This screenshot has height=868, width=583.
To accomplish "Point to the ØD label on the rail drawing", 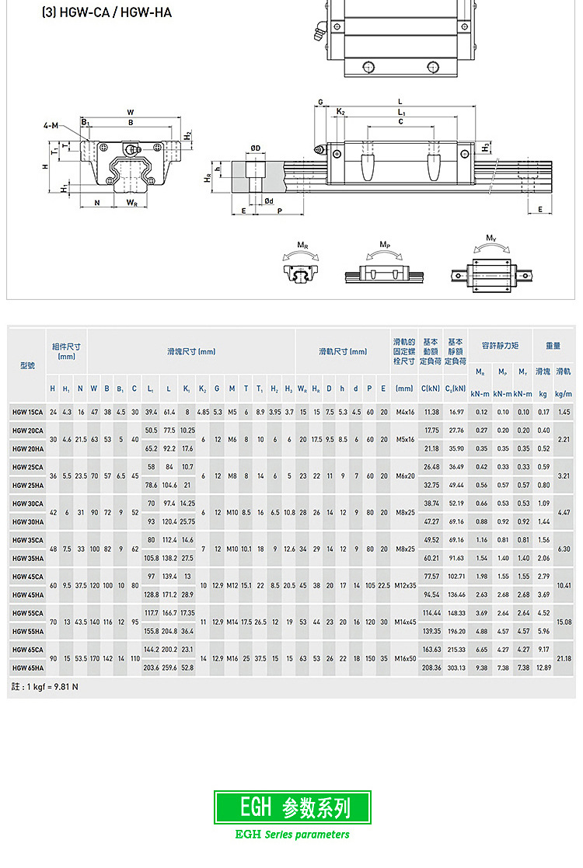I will pos(255,148).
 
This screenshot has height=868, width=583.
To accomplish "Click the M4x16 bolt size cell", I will pos(404,411).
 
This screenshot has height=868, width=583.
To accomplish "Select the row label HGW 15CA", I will pos(27,411).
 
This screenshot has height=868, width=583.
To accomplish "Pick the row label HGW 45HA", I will pos(27,594).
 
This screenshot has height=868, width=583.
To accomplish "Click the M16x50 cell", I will pos(404,658).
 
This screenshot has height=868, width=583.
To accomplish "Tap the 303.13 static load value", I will pos(456,668).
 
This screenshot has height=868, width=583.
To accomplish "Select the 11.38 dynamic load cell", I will pos(431,411).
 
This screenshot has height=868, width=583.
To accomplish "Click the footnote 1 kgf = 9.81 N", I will pos(46,687).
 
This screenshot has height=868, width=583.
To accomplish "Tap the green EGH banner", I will pos(292,807).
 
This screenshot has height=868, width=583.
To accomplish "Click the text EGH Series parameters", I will pos(292,835).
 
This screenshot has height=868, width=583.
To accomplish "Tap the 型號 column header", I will pos(27,365).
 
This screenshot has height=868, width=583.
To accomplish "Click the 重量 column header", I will pos(553,345).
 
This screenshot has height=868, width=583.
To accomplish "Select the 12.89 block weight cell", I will pos(543,668).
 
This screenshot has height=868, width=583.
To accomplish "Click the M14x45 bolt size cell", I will pos(404,622).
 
